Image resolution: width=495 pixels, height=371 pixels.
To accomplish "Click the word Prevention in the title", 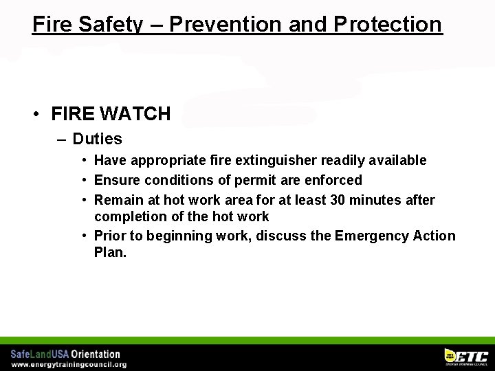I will (x=225, y=24).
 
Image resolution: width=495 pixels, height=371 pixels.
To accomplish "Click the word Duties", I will (x=97, y=139).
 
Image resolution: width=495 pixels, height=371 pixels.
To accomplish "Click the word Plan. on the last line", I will (x=110, y=252).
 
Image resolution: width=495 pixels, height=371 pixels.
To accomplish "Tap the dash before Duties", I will (x=62, y=139).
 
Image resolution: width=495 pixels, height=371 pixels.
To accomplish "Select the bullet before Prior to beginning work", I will (x=83, y=236).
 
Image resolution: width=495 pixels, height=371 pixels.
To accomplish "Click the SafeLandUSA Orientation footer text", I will (x=65, y=354).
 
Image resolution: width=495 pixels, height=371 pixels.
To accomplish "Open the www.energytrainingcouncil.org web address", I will (x=69, y=364).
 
